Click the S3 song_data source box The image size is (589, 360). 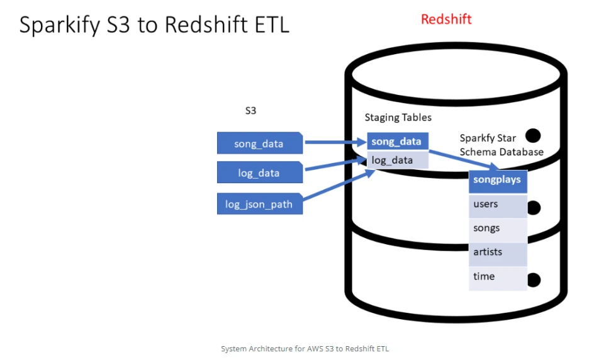tap(259, 143)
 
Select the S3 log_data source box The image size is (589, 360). tap(259, 172)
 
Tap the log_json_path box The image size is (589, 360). tap(259, 204)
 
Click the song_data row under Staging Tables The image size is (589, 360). tap(398, 142)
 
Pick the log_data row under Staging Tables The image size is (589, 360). tap(398, 160)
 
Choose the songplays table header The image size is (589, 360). tap(498, 181)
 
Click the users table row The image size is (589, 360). tap(498, 206)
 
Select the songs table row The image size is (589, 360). tap(498, 230)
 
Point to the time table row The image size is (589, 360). tap(498, 278)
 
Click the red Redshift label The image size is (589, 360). tap(446, 19)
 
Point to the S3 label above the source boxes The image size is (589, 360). tap(250, 111)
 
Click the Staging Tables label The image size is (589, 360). tap(398, 118)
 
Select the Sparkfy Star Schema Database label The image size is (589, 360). tap(502, 145)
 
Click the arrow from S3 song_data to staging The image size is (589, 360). tap(335, 142)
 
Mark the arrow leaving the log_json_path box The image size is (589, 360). tap(339, 184)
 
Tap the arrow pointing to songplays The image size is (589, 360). tap(464, 160)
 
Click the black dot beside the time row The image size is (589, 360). tap(534, 280)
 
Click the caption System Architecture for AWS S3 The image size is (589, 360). tap(305, 349)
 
